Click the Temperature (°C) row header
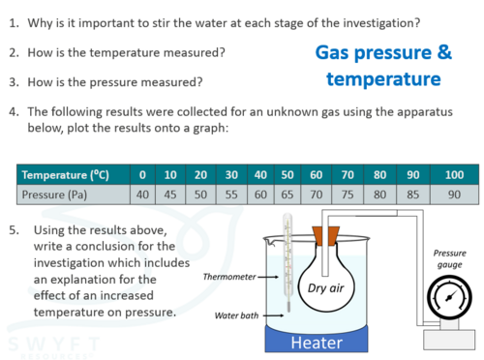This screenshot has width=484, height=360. tap(66, 175)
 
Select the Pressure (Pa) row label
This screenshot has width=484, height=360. tap(54, 195)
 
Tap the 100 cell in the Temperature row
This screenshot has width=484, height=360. tap(454, 175)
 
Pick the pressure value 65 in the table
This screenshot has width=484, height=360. tap(287, 195)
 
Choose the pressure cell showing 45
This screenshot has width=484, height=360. tap(170, 195)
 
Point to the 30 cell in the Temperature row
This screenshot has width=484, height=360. tap(231, 175)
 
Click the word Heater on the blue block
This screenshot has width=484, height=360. tap(317, 343)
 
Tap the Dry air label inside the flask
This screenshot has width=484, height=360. tap(325, 288)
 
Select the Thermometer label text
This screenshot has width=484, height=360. tap(229, 277)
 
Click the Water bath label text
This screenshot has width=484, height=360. tap(236, 315)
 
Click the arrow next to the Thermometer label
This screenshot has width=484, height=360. tap(268, 277)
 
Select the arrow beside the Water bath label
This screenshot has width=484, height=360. tap(273, 315)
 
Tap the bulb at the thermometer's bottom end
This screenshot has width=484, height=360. tap(288, 307)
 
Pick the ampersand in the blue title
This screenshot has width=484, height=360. tap(444, 52)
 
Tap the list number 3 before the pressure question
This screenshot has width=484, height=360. tap(14, 82)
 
